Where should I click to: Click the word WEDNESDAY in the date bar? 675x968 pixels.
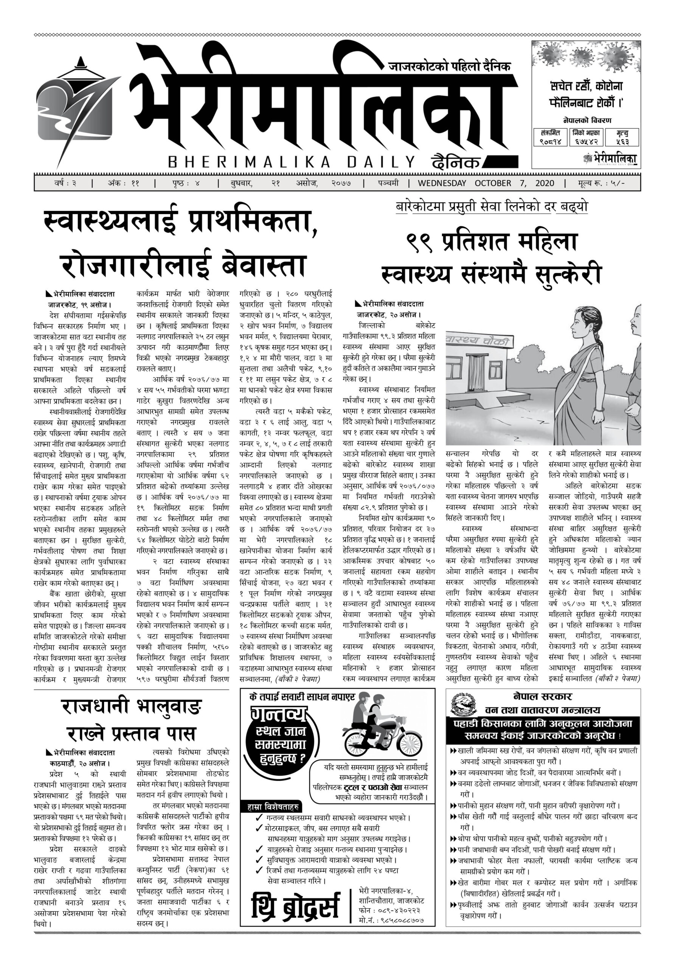(x=442, y=183)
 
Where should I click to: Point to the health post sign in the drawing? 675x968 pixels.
(x=476, y=340)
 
